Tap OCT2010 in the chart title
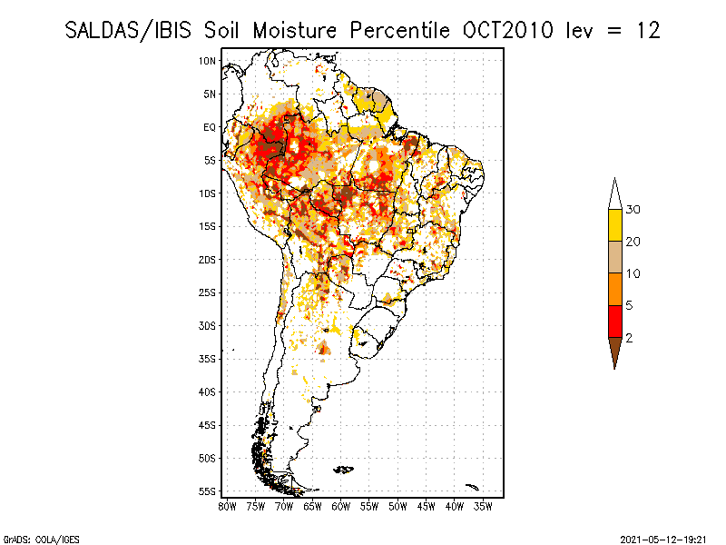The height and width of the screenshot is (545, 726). click(x=506, y=31)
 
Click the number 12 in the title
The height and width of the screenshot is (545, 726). click(x=647, y=31)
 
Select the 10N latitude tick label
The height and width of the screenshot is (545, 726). click(x=208, y=61)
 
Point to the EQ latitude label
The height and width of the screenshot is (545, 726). click(x=210, y=127)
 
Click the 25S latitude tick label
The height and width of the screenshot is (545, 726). click(x=208, y=292)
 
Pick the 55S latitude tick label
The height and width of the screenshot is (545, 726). click(x=208, y=491)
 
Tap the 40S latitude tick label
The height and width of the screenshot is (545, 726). click(x=208, y=392)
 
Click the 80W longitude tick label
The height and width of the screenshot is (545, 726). click(x=228, y=505)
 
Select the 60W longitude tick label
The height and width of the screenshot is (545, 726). click(x=341, y=505)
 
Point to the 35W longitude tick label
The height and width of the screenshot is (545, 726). click(x=483, y=505)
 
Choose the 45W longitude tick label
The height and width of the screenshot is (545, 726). click(x=427, y=505)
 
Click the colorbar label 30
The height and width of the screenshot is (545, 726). click(x=633, y=210)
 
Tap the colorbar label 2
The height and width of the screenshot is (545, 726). click(x=629, y=338)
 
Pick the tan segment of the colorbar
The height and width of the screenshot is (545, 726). click(x=615, y=257)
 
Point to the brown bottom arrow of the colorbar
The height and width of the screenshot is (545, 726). click(x=615, y=351)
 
